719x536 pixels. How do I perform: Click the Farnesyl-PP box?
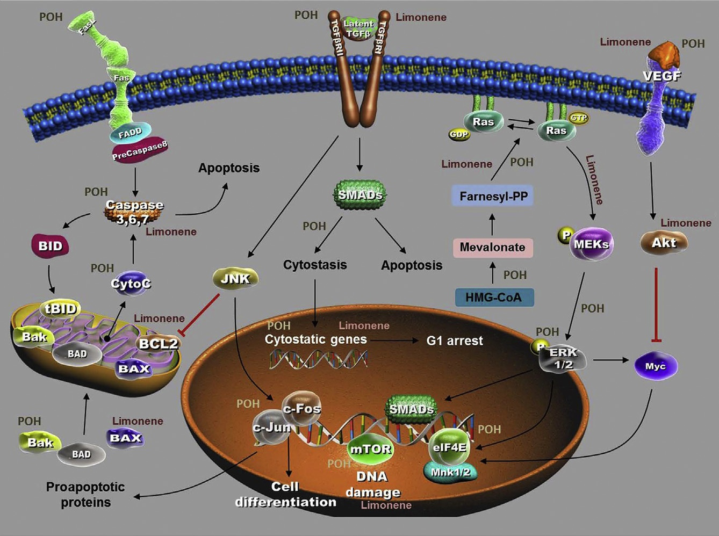(x=493, y=196)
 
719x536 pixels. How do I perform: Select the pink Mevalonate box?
(x=492, y=248)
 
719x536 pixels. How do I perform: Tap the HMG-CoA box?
(x=494, y=297)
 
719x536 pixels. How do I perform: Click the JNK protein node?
(x=235, y=278)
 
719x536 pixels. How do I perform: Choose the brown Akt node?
(x=664, y=243)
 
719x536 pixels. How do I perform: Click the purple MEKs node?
(x=591, y=244)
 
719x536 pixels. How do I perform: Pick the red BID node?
(x=50, y=246)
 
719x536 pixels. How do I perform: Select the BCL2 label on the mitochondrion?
(x=159, y=344)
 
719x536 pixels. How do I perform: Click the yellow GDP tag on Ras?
(x=459, y=134)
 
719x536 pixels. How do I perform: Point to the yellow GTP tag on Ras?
(x=578, y=118)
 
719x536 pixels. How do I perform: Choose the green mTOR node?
(x=370, y=449)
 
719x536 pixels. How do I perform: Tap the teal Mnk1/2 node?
(x=450, y=472)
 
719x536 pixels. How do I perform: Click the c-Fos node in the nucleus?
(x=301, y=409)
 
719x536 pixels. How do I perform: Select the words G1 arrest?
(x=455, y=341)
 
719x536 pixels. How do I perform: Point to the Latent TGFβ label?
(x=358, y=28)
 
